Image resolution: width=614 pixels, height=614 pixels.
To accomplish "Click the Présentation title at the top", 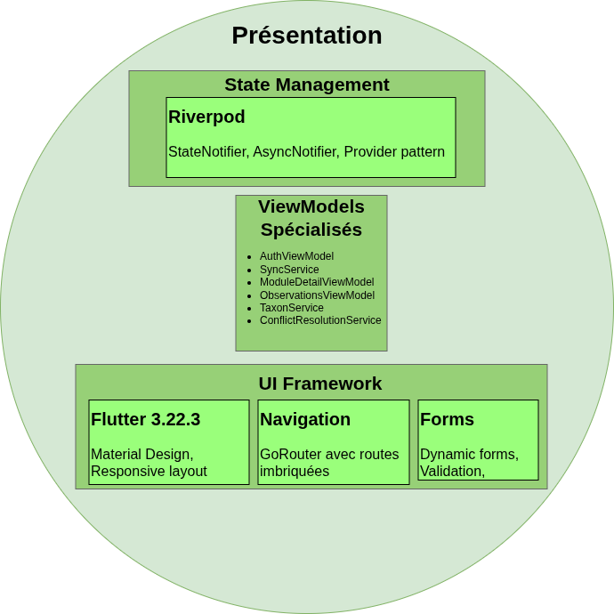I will [x=307, y=36].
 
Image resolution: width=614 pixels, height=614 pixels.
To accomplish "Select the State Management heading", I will [x=307, y=85].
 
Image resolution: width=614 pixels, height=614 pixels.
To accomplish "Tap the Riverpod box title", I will [x=206, y=117].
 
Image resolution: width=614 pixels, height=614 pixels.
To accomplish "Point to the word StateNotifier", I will [x=206, y=151].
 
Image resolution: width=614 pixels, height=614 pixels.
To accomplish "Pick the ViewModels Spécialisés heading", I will [x=311, y=218].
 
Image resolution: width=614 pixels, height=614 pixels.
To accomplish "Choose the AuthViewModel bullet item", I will [x=296, y=256].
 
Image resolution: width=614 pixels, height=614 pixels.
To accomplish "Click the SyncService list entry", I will [x=289, y=269].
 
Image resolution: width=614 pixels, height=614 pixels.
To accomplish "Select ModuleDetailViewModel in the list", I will [x=317, y=282].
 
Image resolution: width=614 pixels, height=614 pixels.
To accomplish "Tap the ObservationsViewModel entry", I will [x=317, y=295].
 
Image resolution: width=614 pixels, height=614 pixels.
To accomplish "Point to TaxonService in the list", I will [x=292, y=308].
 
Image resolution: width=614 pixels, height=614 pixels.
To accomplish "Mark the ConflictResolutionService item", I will [x=320, y=320].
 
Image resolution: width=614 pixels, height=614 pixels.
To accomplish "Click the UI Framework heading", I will [x=320, y=384].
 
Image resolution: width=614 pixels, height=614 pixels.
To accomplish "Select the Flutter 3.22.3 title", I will [x=145, y=419].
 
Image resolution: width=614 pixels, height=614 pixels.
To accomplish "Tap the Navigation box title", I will [x=305, y=419].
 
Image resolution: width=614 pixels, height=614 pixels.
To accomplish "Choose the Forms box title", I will [x=447, y=419].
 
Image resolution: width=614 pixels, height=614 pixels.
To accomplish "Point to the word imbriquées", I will [x=295, y=471].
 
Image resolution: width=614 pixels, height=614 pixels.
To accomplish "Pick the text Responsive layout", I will [x=149, y=471].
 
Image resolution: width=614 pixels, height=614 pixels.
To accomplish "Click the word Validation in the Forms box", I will [x=450, y=471].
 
